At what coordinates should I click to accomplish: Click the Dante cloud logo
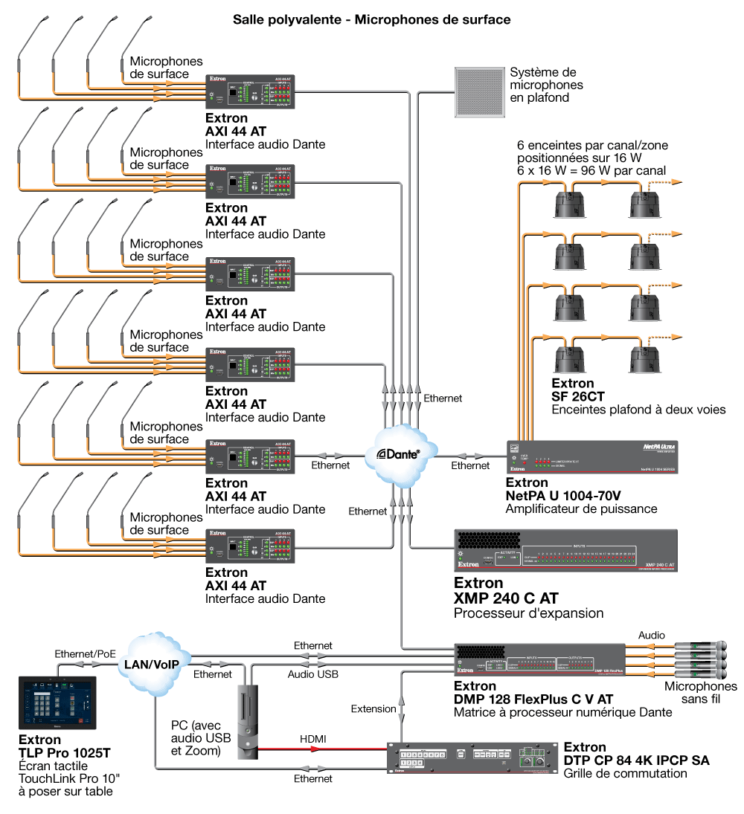(x=398, y=453)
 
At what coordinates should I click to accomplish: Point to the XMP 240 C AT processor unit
(x=565, y=550)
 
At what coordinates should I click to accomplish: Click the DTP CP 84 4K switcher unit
(x=472, y=758)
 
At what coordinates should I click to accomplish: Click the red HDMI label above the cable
(x=312, y=738)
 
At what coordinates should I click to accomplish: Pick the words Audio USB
(x=313, y=674)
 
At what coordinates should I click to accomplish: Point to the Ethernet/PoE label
(x=85, y=654)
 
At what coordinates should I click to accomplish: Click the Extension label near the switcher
(x=373, y=708)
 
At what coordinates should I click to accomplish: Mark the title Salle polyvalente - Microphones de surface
(x=371, y=19)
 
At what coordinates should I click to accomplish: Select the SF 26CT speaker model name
(x=573, y=397)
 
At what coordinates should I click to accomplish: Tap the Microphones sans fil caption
(x=700, y=692)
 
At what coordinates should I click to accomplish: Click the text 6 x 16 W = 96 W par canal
(x=591, y=170)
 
